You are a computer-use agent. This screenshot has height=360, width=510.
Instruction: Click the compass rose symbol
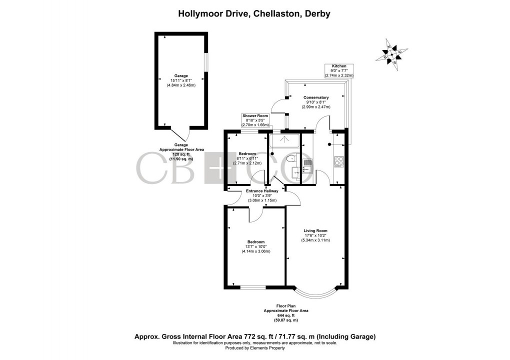coord(392,53)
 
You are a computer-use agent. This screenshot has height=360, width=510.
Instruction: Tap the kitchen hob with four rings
coord(338,161)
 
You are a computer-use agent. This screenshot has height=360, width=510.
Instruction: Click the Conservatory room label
coord(316,97)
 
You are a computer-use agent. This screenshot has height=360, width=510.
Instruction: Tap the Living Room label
coord(315,230)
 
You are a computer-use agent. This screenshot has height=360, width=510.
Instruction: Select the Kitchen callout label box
coord(339,70)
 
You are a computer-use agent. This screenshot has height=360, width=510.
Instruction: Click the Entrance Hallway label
coord(258,191)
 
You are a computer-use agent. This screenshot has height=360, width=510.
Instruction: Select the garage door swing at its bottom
coord(180,135)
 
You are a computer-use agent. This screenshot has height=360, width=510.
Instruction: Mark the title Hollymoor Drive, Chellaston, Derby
coord(254,13)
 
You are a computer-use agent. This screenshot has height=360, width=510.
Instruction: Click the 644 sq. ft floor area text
coord(286,315)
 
